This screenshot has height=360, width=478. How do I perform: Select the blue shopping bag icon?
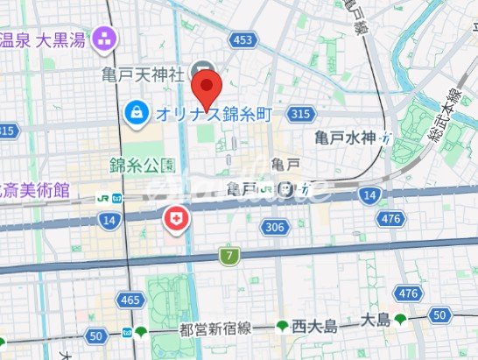pos(137,111)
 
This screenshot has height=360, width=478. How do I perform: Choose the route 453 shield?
pos(244,40)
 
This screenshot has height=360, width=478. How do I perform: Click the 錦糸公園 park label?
pos(143,165)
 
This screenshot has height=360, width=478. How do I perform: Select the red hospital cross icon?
pos(176,219)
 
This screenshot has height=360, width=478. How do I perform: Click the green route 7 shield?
pos(228,256)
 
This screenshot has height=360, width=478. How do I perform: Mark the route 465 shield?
pos(130,300)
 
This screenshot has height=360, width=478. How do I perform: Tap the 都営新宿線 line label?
pos(214,328)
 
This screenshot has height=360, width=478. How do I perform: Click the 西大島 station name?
pos(315,328)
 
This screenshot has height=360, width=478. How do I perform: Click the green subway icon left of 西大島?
pos(283,328)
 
